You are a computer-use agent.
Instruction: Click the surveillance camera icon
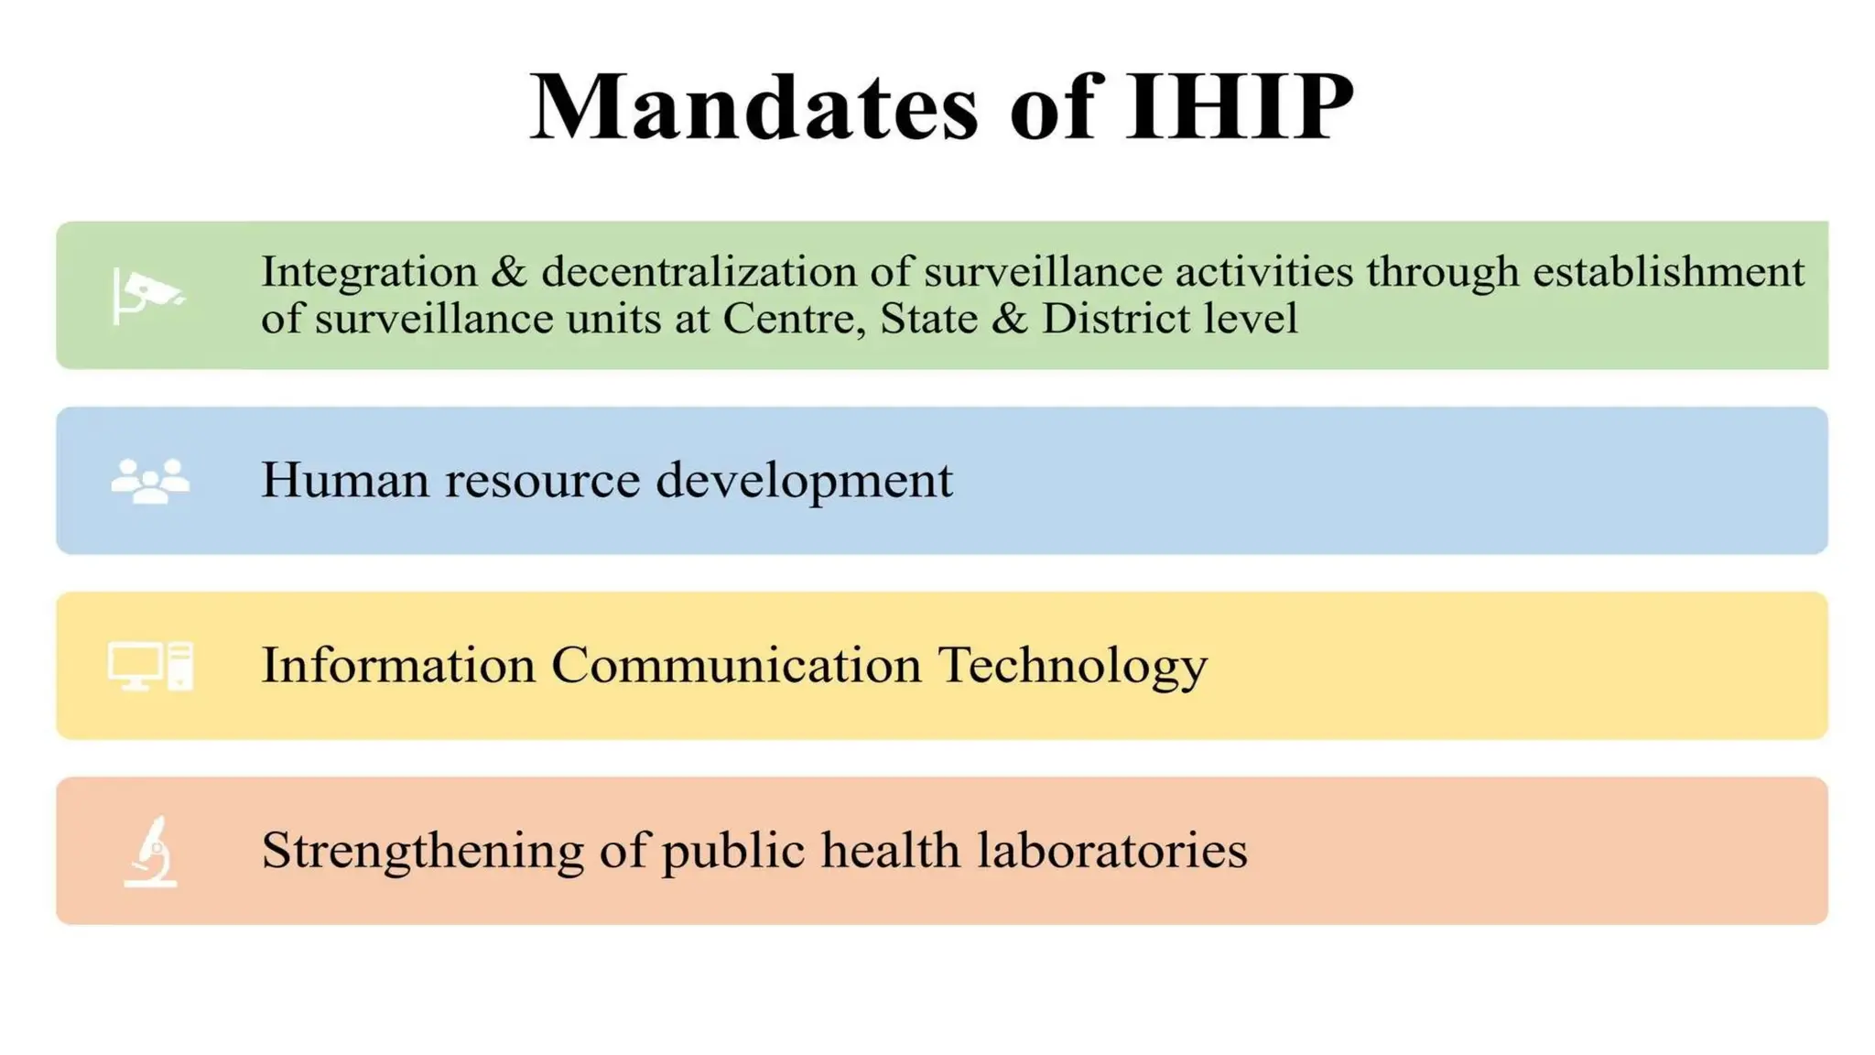pyautogui.click(x=148, y=295)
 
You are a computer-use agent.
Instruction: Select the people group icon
pyautogui.click(x=150, y=480)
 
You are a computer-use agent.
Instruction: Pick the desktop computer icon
pyautogui.click(x=150, y=666)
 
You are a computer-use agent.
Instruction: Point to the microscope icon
pyautogui.click(x=151, y=852)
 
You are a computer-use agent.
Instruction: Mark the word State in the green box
pyautogui.click(x=918, y=319)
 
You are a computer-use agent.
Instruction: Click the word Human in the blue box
pyautogui.click(x=345, y=480)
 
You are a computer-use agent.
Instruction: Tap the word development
pyautogui.click(x=804, y=480)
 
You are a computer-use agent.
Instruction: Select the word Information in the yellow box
pyautogui.click(x=398, y=665)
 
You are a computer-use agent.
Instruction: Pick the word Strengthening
pyautogui.click(x=422, y=851)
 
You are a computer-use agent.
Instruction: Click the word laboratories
pyautogui.click(x=1111, y=851)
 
